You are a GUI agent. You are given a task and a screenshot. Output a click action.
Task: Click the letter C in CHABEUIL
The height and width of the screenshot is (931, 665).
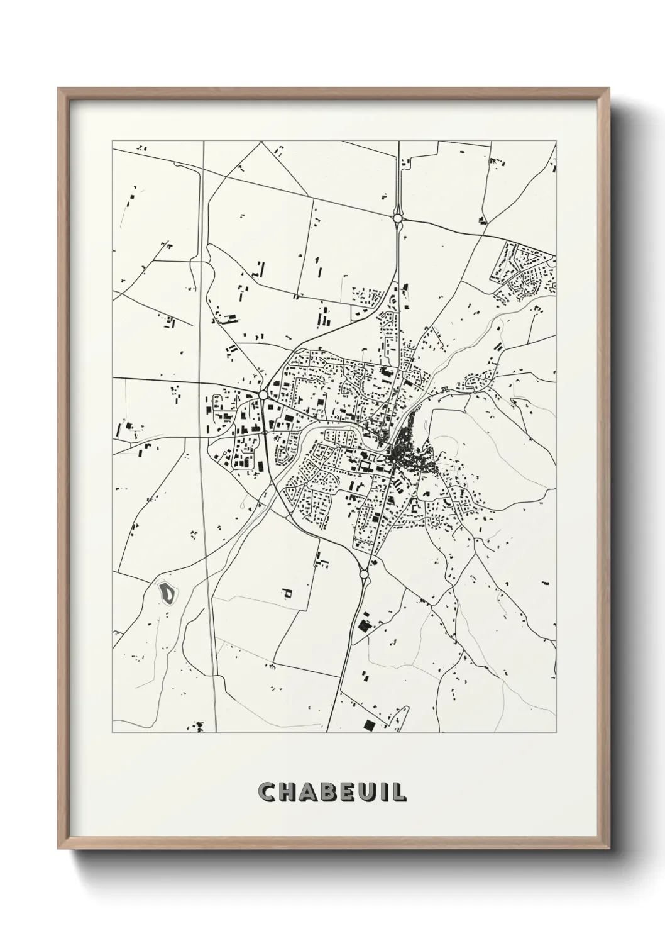coord(268,792)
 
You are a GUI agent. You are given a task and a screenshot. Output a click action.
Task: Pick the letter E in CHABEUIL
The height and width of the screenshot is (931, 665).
coord(348,792)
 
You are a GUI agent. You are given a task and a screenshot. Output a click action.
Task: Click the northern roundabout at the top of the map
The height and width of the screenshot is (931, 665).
coord(397,218)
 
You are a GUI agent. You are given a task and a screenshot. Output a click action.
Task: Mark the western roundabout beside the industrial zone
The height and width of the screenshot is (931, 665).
coord(263,394)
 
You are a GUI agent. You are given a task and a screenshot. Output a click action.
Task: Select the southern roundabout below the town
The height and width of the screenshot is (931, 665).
coord(363,574)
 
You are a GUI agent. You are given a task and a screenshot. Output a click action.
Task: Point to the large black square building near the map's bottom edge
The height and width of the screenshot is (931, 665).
coord(369,725)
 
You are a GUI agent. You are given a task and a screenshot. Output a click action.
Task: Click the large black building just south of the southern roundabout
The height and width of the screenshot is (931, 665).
coord(363,626)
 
